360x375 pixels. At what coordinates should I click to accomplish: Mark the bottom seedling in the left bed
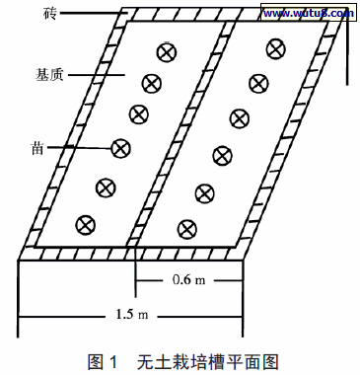(x=88, y=223)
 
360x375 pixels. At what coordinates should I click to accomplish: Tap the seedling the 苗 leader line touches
(x=120, y=148)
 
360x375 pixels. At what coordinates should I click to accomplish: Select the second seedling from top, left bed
(x=151, y=83)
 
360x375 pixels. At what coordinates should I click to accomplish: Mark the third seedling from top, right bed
(x=239, y=117)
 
